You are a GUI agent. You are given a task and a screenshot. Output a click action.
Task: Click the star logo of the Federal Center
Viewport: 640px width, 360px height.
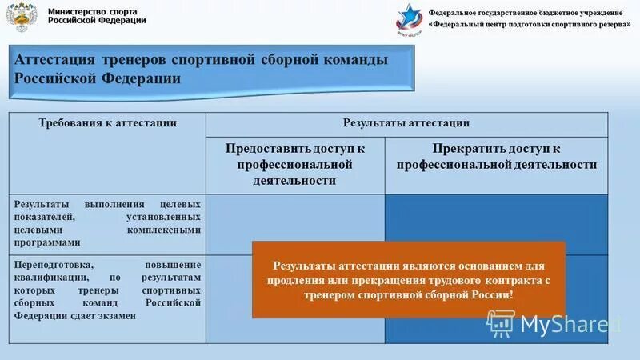pyautogui.click(x=410, y=18)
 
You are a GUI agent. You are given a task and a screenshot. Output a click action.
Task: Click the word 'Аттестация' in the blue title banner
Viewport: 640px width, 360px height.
pyautogui.click(x=54, y=61)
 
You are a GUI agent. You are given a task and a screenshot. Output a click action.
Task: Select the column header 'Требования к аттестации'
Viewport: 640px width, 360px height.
pyautogui.click(x=107, y=123)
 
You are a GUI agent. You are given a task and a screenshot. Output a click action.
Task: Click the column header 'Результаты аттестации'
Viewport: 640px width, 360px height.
pyautogui.click(x=406, y=123)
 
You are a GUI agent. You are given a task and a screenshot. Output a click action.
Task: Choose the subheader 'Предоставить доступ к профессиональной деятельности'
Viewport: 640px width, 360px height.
pyautogui.click(x=294, y=165)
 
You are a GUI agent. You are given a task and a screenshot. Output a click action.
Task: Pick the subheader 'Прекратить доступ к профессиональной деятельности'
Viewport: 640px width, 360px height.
pyautogui.click(x=496, y=157)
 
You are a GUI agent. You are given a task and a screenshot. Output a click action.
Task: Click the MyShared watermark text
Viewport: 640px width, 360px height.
pyautogui.click(x=570, y=323)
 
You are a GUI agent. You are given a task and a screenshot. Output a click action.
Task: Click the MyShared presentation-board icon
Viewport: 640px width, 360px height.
pyautogui.click(x=500, y=323)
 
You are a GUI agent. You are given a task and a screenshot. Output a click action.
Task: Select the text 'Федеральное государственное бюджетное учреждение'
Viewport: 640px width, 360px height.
pyautogui.click(x=525, y=13)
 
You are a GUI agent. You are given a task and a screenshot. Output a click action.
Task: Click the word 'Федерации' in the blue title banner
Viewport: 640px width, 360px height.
pyautogui.click(x=141, y=79)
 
